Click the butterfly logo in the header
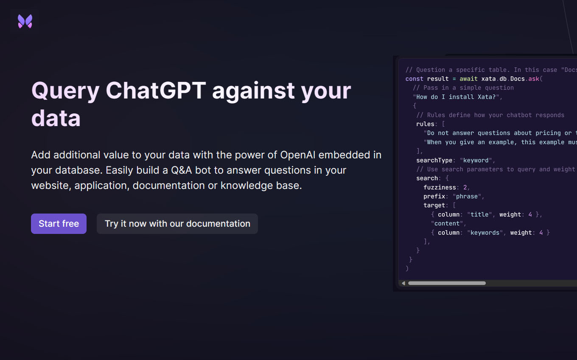coord(25,21)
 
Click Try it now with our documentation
coord(177,224)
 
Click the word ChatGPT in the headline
coord(156,90)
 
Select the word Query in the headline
coord(65,92)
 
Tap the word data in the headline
coord(56,118)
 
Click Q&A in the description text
coord(181,170)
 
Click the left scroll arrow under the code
coord(403,283)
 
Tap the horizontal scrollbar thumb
coord(447,283)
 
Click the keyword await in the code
coord(468,79)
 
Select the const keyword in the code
coord(414,79)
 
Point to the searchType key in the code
coord(434,160)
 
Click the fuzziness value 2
coord(465,187)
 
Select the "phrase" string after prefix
coord(467,197)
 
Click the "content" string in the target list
coord(447,223)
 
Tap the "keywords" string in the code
coord(485,233)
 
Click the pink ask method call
coord(534,79)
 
